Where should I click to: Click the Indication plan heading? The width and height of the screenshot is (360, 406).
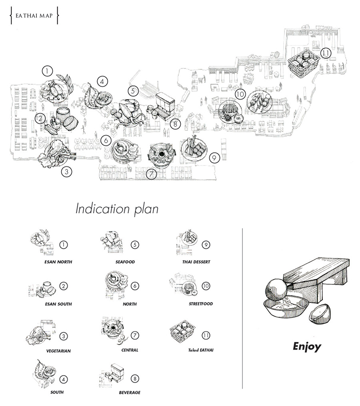[117, 209]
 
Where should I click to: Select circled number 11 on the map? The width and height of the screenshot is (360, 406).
[326, 53]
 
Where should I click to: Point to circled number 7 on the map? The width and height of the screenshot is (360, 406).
[151, 174]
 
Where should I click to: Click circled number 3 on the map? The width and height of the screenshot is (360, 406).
[66, 172]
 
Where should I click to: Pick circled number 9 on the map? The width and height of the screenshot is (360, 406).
[214, 158]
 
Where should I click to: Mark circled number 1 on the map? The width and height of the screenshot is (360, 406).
[47, 71]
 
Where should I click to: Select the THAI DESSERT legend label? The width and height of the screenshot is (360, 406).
[196, 262]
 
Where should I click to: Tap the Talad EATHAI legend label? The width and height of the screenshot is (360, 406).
[201, 350]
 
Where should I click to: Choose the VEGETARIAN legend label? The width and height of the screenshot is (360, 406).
[58, 351]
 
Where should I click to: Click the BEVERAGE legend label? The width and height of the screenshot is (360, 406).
[130, 392]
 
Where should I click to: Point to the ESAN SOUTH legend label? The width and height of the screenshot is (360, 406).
[58, 304]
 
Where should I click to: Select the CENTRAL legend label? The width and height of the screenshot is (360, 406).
[130, 350]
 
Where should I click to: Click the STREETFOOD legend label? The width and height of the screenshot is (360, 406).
[201, 304]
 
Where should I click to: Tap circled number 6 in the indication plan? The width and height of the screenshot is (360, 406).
[135, 286]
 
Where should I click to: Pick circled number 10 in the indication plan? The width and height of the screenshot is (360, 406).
[206, 286]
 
